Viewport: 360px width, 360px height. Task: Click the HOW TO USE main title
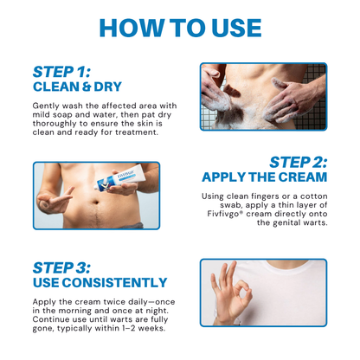[x=180, y=26]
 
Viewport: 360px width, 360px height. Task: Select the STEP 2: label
[x=298, y=162]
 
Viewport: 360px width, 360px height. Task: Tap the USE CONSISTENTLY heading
[x=100, y=282]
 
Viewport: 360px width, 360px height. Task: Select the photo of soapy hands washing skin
[x=263, y=95]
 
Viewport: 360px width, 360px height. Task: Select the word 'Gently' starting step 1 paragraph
[x=47, y=105]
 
